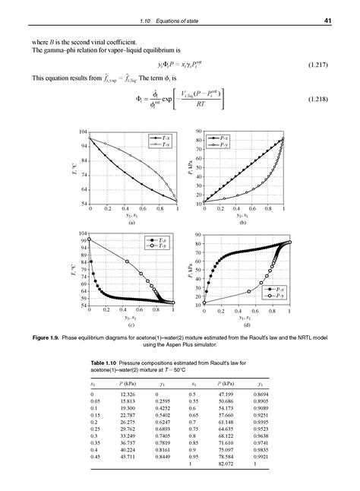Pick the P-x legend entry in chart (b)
click(x=223, y=138)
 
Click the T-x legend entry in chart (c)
click(x=163, y=240)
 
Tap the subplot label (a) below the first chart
click(x=132, y=223)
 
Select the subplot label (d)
click(x=246, y=325)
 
